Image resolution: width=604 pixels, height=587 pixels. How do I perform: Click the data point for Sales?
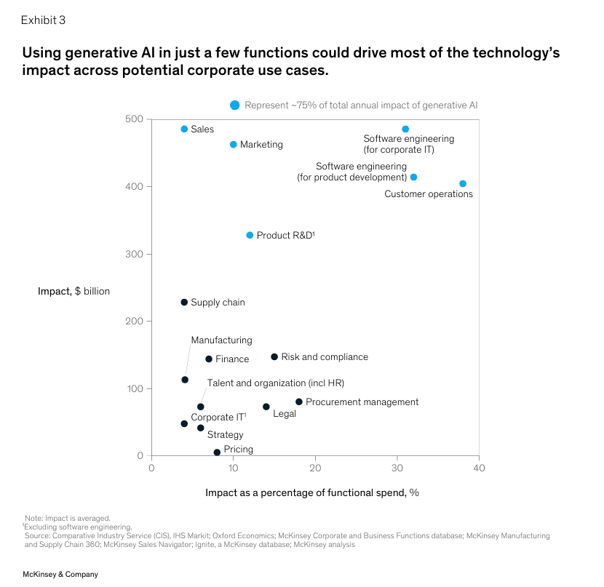click(184, 129)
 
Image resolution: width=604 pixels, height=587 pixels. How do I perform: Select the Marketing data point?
click(234, 145)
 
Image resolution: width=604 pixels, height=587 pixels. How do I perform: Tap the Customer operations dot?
click(463, 184)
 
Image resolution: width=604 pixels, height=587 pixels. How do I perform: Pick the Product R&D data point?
click(250, 236)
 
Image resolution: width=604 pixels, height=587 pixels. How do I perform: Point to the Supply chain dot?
click(184, 303)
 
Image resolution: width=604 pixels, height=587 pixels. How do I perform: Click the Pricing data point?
click(217, 452)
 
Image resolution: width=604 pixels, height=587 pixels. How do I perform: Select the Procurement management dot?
click(299, 402)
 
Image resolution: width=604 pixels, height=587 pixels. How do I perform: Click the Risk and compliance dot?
click(274, 357)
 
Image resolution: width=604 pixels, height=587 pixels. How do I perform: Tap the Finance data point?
click(209, 359)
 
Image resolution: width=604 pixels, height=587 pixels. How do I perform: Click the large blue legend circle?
click(234, 105)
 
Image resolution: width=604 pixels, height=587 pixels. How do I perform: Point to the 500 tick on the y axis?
click(135, 119)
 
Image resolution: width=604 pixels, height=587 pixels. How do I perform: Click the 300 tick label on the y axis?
click(135, 254)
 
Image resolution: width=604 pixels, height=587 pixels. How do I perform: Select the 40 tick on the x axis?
click(479, 468)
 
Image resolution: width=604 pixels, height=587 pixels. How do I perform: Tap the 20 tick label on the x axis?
click(315, 468)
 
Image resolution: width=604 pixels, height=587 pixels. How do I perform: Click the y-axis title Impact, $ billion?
click(73, 292)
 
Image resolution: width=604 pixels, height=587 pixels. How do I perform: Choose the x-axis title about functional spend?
click(312, 492)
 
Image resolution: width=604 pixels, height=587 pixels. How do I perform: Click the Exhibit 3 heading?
click(43, 20)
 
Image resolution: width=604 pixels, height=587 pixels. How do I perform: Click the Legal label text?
click(285, 414)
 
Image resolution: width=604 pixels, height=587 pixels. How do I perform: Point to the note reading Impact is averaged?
click(68, 519)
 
